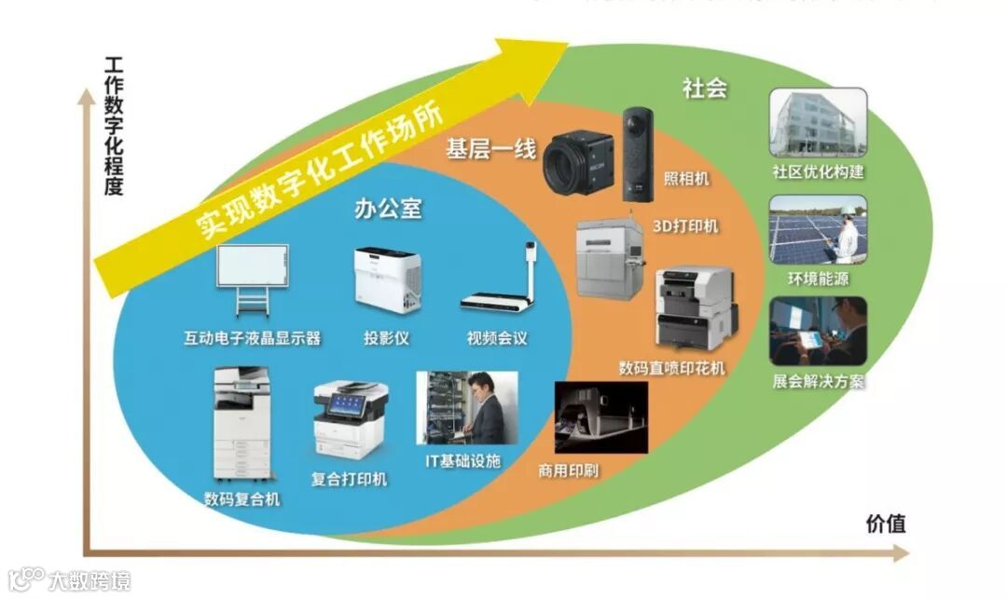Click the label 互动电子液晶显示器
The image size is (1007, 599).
click(x=252, y=337)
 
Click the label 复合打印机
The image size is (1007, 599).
click(x=349, y=480)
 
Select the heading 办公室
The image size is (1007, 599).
click(x=387, y=209)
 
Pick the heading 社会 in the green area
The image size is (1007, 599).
click(x=704, y=88)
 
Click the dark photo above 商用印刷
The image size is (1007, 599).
click(x=600, y=416)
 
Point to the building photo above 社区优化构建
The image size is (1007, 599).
click(x=818, y=122)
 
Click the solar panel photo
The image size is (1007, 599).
click(x=818, y=229)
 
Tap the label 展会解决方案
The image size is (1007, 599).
click(x=818, y=381)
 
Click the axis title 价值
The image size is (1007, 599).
click(x=885, y=523)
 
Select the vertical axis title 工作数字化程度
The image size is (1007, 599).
click(x=114, y=127)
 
